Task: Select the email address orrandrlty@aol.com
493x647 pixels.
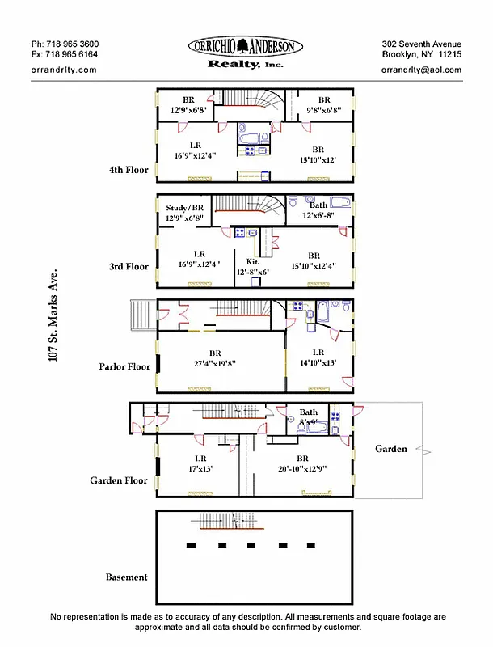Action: click(421, 70)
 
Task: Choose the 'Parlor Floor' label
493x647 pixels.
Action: click(124, 366)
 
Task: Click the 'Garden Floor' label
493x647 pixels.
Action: click(119, 480)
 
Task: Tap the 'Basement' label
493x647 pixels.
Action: click(127, 577)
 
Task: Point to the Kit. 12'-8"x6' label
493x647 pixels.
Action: click(252, 267)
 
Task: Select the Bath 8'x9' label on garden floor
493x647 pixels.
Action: click(309, 417)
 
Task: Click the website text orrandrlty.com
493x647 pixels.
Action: click(63, 70)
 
